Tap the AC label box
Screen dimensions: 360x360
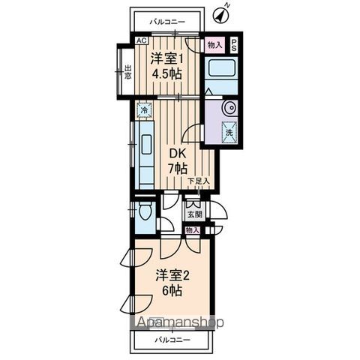[140, 42]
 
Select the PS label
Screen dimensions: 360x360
[234, 44]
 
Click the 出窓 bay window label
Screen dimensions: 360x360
[127, 72]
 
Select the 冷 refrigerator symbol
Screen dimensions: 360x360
[142, 110]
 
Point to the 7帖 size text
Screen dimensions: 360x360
[177, 169]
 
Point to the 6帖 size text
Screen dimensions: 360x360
[169, 289]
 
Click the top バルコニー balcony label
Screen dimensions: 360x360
[166, 22]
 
